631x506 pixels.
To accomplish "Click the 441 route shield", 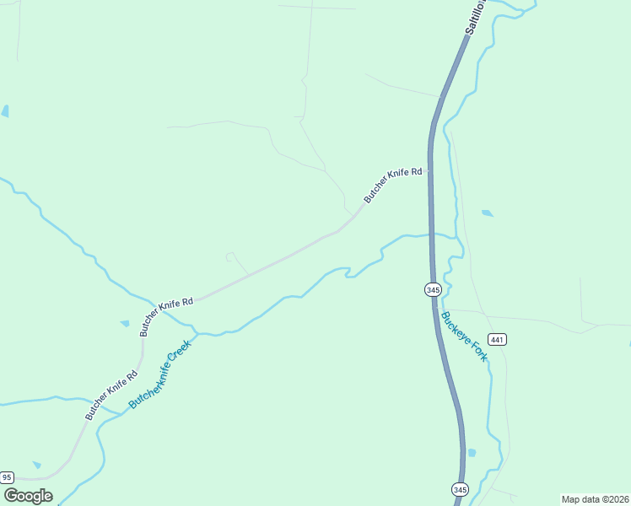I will pyautogui.click(x=497, y=340).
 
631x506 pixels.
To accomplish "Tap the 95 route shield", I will pyautogui.click(x=8, y=477).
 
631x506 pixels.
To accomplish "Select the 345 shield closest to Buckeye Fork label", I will pyautogui.click(x=433, y=289).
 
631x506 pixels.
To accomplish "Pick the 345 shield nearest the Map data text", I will pyautogui.click(x=460, y=489).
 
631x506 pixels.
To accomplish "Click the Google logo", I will pyautogui.click(x=28, y=496).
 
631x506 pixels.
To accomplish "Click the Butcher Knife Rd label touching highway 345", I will pyautogui.click(x=393, y=184).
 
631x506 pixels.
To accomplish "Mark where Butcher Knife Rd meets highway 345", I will pyautogui.click(x=429, y=171).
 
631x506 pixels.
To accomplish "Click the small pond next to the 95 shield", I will pyautogui.click(x=36, y=465).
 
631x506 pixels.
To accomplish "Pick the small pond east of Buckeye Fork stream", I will pyautogui.click(x=488, y=213).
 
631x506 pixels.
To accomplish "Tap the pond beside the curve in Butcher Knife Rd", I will pyautogui.click(x=125, y=323).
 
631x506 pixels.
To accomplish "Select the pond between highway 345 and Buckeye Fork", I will pyautogui.click(x=472, y=453).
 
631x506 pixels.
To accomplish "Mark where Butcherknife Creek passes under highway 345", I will pyautogui.click(x=431, y=234).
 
